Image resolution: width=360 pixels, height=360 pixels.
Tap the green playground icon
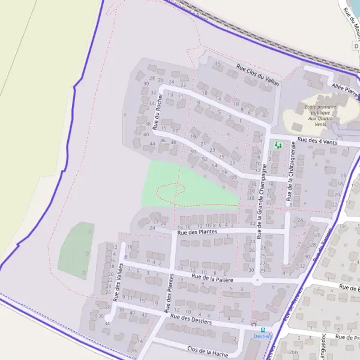278,145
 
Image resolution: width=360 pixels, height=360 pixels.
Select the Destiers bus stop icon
262,329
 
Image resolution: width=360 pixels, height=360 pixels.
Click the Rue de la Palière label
212,278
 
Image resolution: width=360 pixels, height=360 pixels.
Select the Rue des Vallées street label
118,282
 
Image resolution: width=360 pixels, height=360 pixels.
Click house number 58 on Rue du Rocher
234,177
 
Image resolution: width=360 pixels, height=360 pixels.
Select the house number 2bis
294,352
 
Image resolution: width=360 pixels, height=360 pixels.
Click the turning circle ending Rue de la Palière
257,280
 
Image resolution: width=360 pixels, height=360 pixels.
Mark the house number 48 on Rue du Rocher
173,142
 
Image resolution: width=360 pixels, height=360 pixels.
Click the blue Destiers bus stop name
262,336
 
